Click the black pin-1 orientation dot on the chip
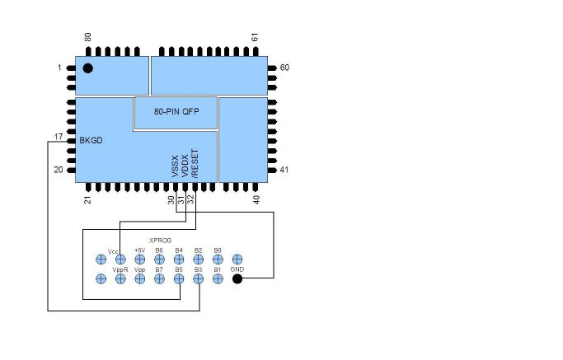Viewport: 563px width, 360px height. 88,68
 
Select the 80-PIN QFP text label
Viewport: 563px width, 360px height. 176,111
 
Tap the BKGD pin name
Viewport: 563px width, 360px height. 91,141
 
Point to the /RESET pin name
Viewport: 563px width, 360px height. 195,163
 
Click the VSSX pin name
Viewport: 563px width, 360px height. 176,166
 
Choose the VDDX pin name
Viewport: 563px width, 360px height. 185,166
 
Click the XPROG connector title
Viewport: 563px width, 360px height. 161,240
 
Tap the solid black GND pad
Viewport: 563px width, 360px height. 237,278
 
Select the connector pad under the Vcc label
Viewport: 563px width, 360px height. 120,259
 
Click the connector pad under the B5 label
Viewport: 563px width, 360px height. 179,278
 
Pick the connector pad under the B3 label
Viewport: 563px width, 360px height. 198,278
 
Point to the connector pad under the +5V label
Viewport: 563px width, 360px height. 139,259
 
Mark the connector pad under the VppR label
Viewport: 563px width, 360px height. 120,278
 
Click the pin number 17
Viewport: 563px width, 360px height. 59,137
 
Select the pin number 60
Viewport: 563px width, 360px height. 284,68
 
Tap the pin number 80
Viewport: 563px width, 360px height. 88,37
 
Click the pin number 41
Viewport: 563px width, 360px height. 284,170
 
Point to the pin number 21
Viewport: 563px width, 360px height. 88,200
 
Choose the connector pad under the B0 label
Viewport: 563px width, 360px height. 218,259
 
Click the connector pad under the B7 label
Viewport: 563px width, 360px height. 159,278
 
